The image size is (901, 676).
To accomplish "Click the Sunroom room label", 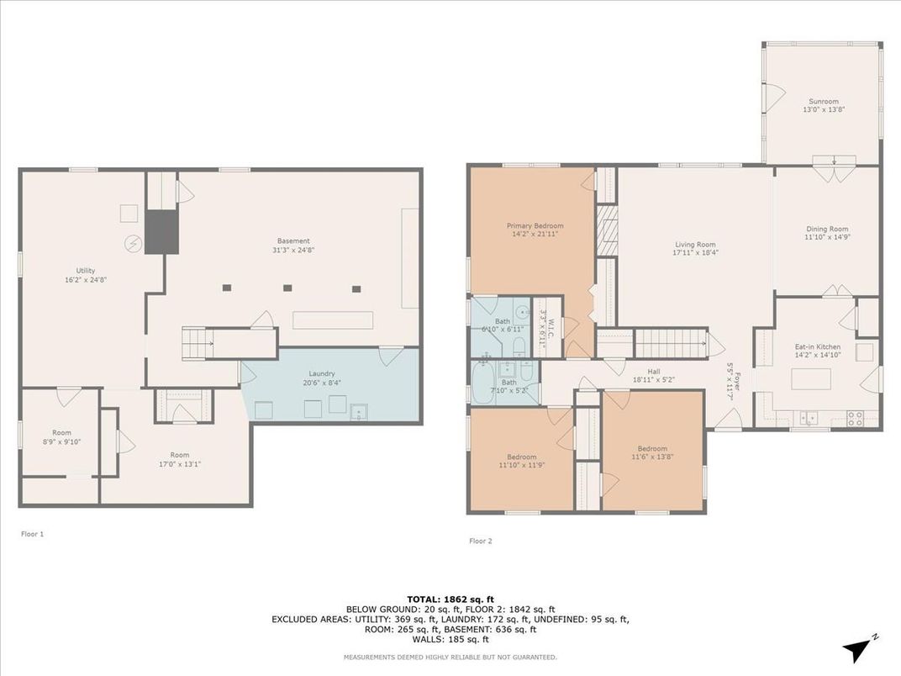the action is coord(824,101).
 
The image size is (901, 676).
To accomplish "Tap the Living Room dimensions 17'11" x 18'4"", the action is coord(696,252).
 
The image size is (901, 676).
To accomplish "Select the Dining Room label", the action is coord(827,229).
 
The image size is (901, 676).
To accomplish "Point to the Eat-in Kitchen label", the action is coord(818,346).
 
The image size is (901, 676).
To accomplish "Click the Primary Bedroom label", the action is coord(535,226).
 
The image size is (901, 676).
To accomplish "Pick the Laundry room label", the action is coord(322,373).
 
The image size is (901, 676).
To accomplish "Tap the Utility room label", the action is coord(86,270).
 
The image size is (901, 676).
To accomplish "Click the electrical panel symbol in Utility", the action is coord(134,245).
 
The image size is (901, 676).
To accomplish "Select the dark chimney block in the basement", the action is coord(161,232).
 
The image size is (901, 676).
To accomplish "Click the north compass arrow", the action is coord(857,650).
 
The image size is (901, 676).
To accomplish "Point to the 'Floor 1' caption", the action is coord(32,534).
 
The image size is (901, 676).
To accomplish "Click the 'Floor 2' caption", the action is coord(481,541).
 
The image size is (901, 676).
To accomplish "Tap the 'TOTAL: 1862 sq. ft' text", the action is coord(450,599).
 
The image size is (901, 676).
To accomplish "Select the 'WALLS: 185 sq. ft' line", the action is coord(450,639).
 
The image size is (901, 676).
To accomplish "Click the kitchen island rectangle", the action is coord(811,380).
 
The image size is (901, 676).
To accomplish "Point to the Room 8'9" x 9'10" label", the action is coord(61,437).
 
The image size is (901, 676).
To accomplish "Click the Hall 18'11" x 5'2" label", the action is coord(653,375).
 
